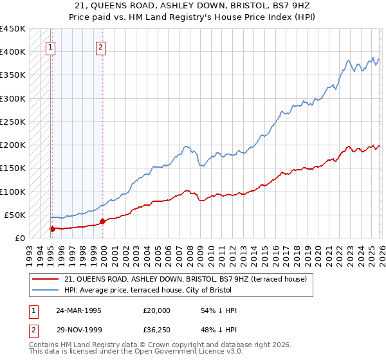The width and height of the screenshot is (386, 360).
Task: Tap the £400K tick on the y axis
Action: (x=13, y=52)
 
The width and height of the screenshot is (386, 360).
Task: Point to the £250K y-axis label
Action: (x=13, y=122)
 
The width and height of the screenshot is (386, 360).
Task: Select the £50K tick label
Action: (x=15, y=215)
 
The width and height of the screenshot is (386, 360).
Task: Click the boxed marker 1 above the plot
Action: (x=51, y=46)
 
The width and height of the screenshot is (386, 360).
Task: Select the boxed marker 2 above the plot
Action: (x=101, y=46)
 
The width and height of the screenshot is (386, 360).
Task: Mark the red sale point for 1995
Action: (x=52, y=228)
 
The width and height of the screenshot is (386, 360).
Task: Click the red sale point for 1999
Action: (x=102, y=221)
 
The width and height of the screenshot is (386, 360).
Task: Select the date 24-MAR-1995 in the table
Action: (x=78, y=310)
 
